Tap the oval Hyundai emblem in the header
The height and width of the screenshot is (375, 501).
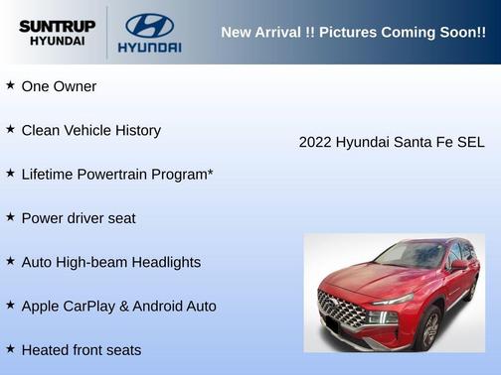[x=149, y=24]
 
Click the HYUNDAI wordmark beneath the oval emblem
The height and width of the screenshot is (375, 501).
[x=149, y=47]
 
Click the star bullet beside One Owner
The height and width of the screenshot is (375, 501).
[x=10, y=86]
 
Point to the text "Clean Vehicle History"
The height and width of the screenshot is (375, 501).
[x=90, y=130]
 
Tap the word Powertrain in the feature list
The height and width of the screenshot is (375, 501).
[x=116, y=175]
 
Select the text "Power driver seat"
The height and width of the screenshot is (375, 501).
[x=79, y=218]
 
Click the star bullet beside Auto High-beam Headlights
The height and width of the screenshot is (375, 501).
[x=10, y=261]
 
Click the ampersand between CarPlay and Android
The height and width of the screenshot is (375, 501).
[x=124, y=306]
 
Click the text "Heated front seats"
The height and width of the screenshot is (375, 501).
[x=82, y=350]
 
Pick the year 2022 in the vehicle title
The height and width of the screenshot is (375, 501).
[x=315, y=143]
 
